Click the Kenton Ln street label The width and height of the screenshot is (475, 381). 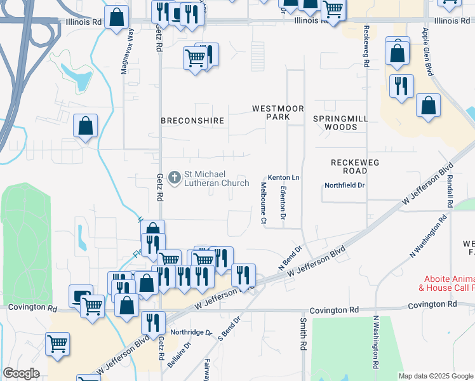[x=283, y=177]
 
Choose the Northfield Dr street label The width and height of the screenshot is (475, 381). [x=345, y=185]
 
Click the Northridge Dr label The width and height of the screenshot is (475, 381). [x=191, y=332]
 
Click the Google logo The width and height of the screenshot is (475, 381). [x=22, y=373]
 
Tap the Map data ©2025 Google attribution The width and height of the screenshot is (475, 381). [x=436, y=376]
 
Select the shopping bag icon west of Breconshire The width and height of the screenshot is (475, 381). [x=86, y=126]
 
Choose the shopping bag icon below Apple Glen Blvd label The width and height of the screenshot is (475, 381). [x=429, y=107]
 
